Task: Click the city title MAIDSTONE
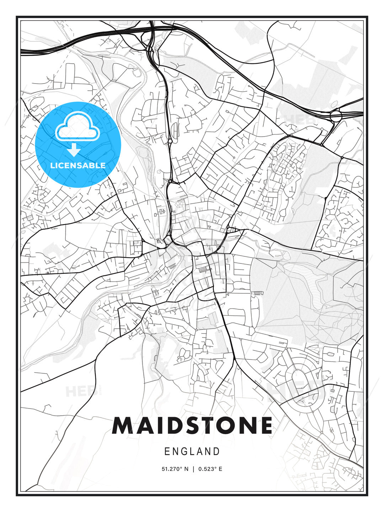192,426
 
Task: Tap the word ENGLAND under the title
192,452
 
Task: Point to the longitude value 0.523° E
210,469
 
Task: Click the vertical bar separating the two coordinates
193,469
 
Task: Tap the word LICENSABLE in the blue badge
78,165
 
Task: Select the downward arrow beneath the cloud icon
74,150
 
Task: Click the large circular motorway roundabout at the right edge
336,116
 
